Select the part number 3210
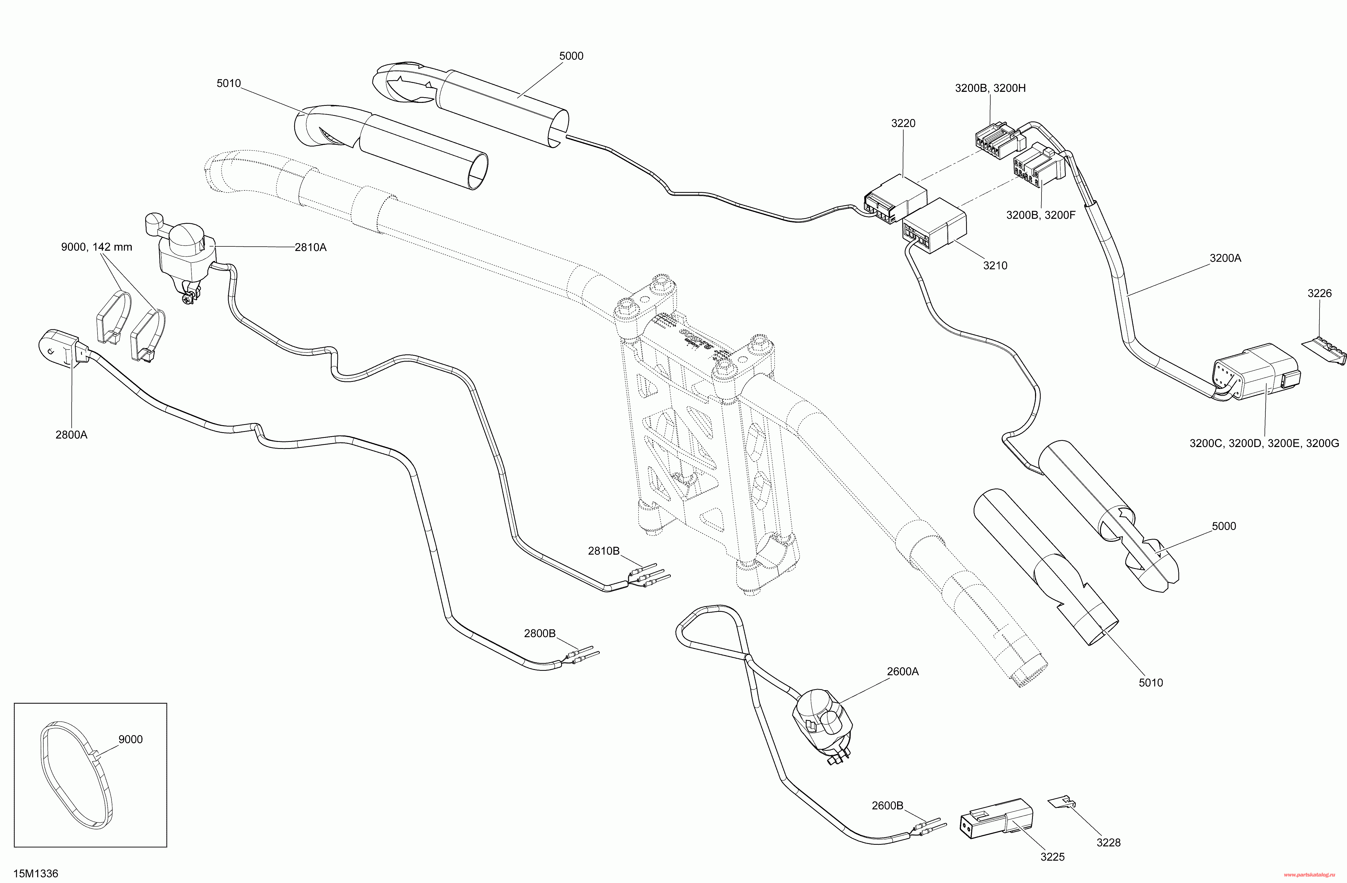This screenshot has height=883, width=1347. click(995, 265)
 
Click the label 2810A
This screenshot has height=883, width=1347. click(310, 247)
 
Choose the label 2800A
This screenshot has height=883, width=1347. click(71, 434)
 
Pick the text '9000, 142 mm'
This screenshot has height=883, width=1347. click(97, 247)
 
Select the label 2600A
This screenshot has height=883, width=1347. click(903, 671)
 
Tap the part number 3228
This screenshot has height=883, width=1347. click(1108, 842)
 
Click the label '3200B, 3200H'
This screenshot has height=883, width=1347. click(990, 88)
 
